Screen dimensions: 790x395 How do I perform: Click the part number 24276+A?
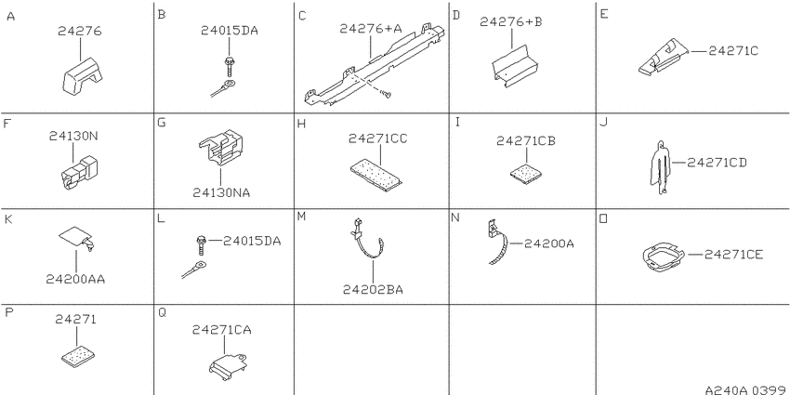370,29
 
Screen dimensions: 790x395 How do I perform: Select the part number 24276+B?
511,21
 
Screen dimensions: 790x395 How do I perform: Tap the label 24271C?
733,51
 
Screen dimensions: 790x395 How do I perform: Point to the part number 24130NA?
221,192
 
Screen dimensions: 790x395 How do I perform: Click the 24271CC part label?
378,139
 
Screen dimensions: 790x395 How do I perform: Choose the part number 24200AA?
75,279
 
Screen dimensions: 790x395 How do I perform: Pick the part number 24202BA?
373,289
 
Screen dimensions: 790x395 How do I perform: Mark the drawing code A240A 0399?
746,390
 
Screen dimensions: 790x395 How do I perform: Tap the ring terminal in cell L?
194,268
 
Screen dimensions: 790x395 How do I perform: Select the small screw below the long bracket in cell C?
387,94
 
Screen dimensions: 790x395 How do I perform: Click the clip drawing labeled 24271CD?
661,166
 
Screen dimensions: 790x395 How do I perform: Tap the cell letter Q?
163,313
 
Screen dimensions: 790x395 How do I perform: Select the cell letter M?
302,217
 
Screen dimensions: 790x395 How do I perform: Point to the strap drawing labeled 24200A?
498,242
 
